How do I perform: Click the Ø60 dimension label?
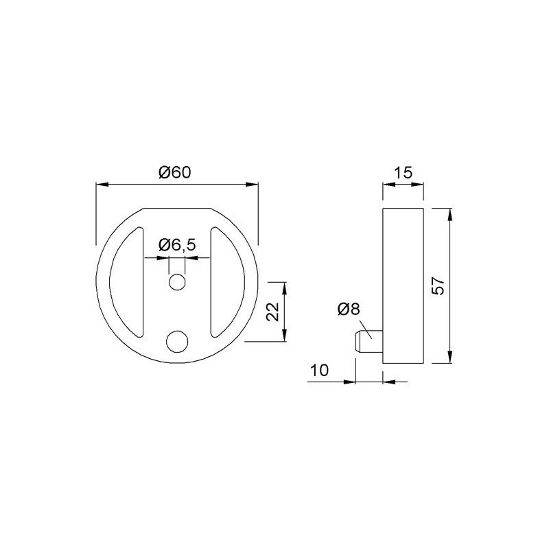[174, 172]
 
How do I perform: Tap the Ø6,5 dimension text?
[177, 245]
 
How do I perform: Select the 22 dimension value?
[272, 312]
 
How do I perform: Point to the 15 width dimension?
[404, 173]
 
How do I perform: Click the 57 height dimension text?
[438, 286]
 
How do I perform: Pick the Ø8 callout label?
[349, 309]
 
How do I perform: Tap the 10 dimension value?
[320, 370]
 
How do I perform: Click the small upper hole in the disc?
[177, 282]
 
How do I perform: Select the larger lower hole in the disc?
[177, 341]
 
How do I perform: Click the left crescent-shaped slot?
[127, 282]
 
